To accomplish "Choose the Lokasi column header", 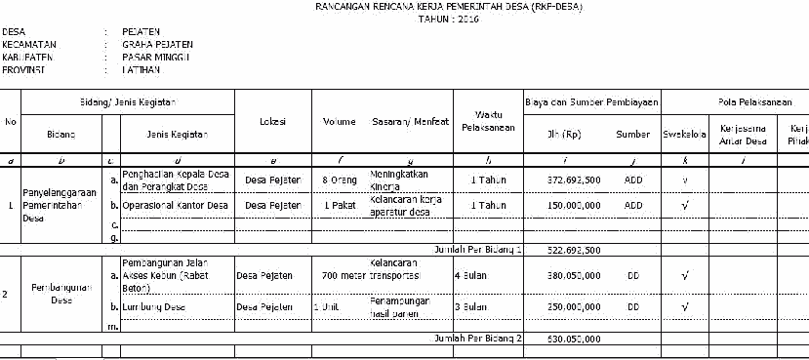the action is click(x=272, y=122).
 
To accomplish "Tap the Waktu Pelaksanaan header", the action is click(x=488, y=122).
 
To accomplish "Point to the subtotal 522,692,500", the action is click(x=574, y=250).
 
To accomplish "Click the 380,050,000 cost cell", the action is click(x=574, y=275).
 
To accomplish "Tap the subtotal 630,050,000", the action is click(x=574, y=338).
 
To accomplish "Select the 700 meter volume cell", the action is click(x=342, y=275).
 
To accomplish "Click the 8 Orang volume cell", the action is click(x=341, y=180).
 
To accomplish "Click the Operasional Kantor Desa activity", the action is click(x=176, y=206).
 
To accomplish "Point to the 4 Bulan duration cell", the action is click(x=471, y=275).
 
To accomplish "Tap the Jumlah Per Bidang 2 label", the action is click(x=478, y=338).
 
